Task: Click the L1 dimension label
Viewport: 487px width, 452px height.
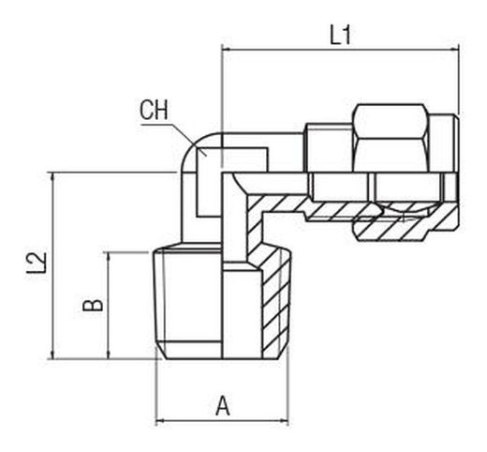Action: [x=341, y=35]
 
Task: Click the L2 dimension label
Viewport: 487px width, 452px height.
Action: [x=37, y=264]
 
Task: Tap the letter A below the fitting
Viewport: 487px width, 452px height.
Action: [x=223, y=406]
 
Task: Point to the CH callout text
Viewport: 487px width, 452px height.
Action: [x=154, y=110]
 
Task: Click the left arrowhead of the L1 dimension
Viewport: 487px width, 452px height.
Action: [x=226, y=49]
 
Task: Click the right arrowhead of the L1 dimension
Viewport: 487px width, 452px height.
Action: [x=454, y=49]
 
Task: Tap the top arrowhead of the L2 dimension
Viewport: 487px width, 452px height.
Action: [x=52, y=177]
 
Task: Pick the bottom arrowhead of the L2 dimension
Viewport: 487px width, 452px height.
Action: [x=52, y=354]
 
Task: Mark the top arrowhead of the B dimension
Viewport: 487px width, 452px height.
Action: [x=109, y=257]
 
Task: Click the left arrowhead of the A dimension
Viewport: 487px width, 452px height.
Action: [x=160, y=421]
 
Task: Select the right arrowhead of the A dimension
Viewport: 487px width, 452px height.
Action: [x=284, y=421]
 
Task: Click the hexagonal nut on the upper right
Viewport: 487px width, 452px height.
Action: [x=391, y=138]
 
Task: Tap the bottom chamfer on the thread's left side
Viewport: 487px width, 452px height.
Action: [x=161, y=352]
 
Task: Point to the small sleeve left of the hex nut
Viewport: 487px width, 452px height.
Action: [x=330, y=147]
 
